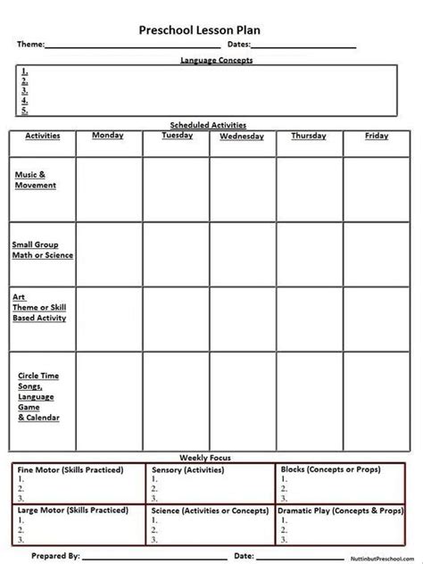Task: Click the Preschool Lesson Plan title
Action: (x=211, y=29)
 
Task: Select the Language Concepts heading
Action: (x=217, y=60)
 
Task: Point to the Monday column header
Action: (x=108, y=136)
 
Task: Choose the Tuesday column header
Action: (x=177, y=136)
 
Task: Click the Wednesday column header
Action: (x=242, y=137)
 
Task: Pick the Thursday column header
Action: (x=309, y=136)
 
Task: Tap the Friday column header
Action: (x=377, y=136)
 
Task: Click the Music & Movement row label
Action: (x=36, y=180)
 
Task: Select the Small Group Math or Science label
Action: (x=43, y=248)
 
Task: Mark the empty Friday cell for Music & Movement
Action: (x=377, y=189)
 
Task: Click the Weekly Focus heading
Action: (x=212, y=458)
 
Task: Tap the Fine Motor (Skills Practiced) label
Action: (x=70, y=469)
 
